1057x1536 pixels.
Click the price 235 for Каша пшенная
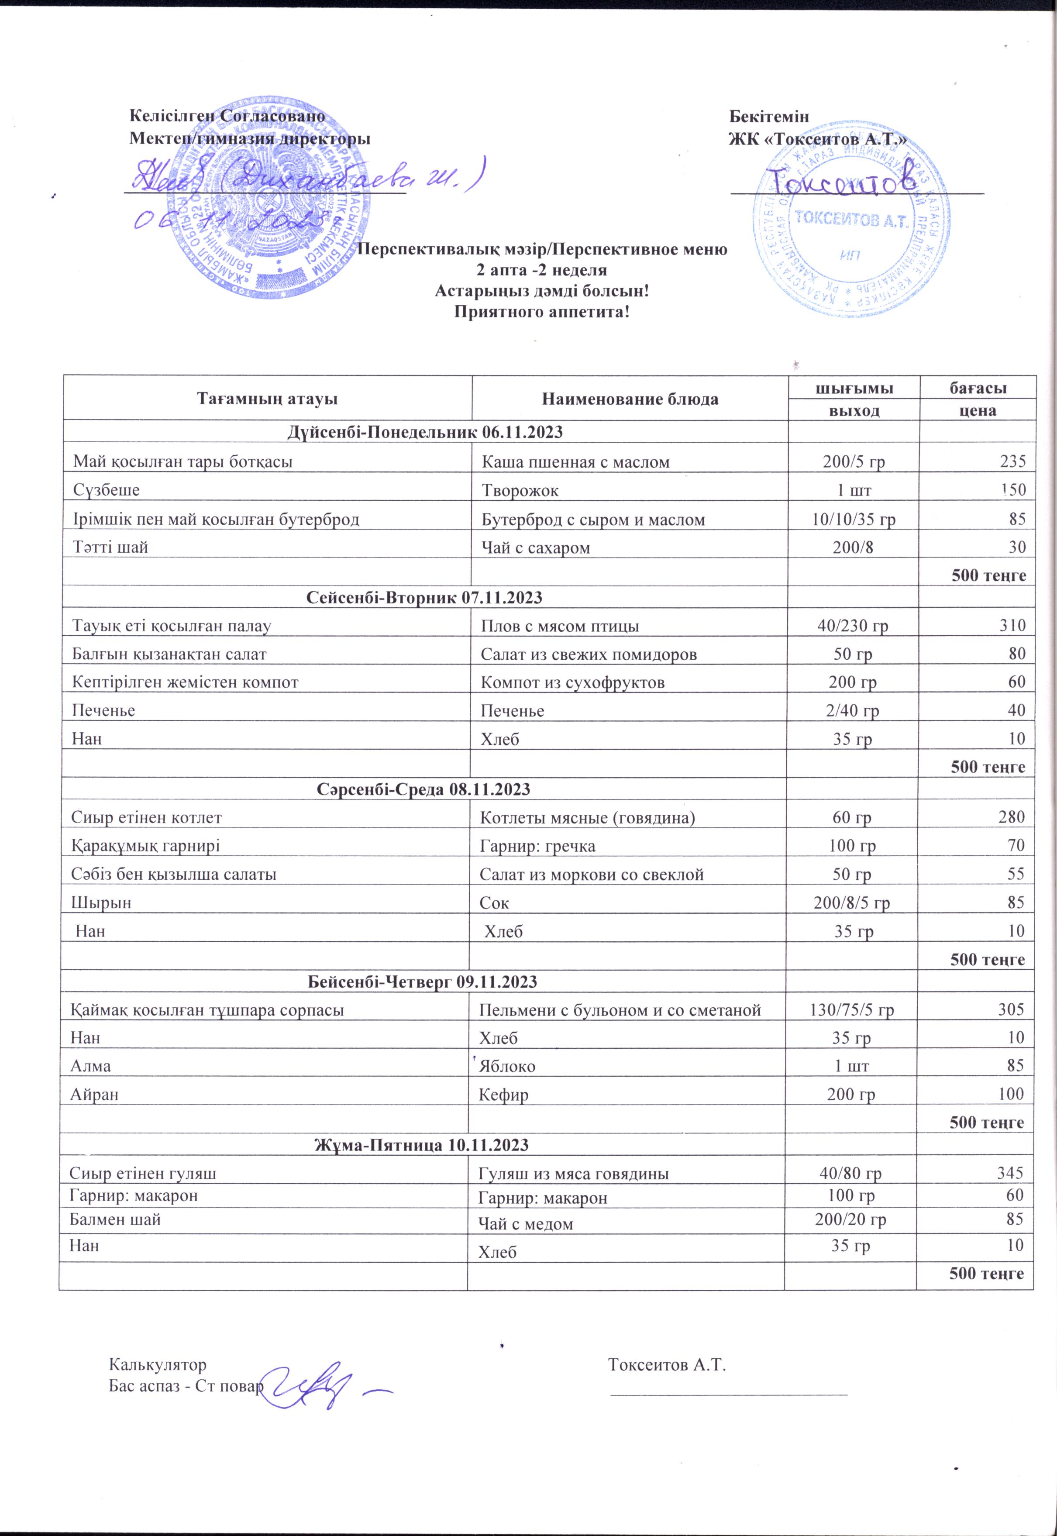1012,461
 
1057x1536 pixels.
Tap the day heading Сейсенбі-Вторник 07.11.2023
424,598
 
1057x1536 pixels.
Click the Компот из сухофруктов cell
572,683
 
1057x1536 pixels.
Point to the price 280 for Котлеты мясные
1011,817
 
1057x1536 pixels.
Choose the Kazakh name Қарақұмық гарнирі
145,846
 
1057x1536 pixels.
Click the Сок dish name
494,903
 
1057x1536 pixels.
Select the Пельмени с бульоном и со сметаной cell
619,1010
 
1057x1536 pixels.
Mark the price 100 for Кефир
1011,1094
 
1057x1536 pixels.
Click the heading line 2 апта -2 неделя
541,270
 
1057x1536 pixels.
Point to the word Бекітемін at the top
768,117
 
